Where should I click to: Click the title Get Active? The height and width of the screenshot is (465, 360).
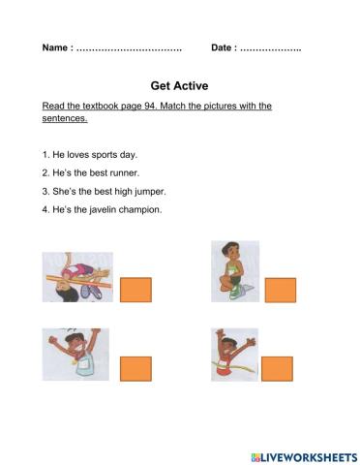(179, 84)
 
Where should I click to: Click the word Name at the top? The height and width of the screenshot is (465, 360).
(55, 48)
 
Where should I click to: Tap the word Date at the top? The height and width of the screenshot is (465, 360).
(223, 48)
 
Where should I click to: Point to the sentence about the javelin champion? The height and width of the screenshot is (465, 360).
(102, 208)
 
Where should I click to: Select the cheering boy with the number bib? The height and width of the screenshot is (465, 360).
(75, 355)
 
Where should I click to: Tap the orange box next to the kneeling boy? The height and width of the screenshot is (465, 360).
(280, 290)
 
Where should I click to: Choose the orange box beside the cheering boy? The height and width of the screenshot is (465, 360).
(135, 369)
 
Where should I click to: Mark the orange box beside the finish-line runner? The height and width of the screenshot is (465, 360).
(277, 369)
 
